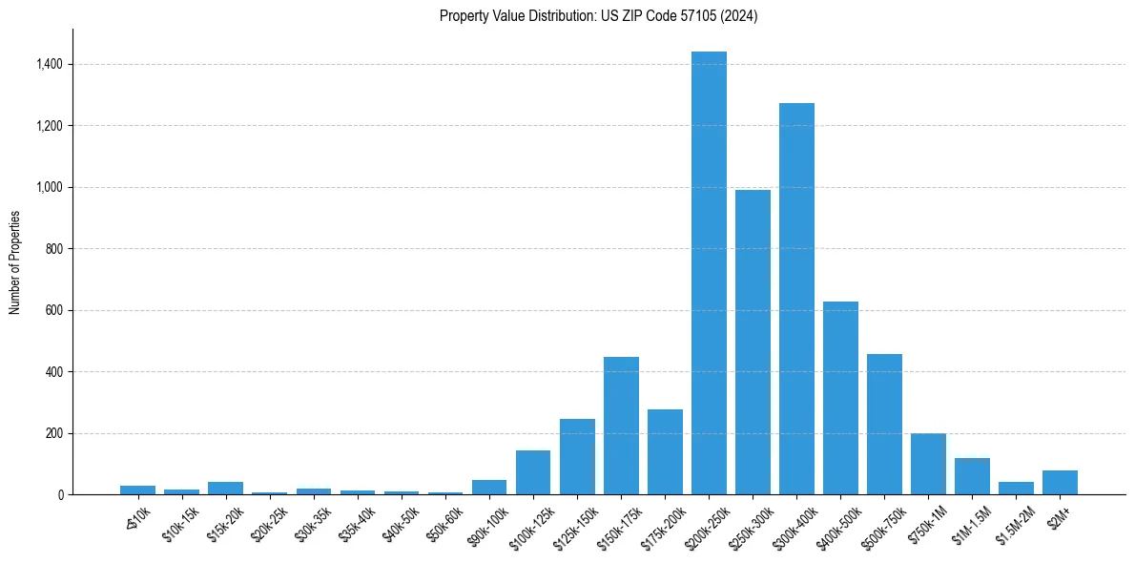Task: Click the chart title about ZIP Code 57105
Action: click(x=598, y=15)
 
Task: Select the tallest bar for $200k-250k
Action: click(x=709, y=273)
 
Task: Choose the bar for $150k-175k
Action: click(x=621, y=426)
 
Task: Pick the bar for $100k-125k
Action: click(x=533, y=472)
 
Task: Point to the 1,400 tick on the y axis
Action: click(x=50, y=64)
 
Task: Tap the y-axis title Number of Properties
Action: click(x=14, y=262)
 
